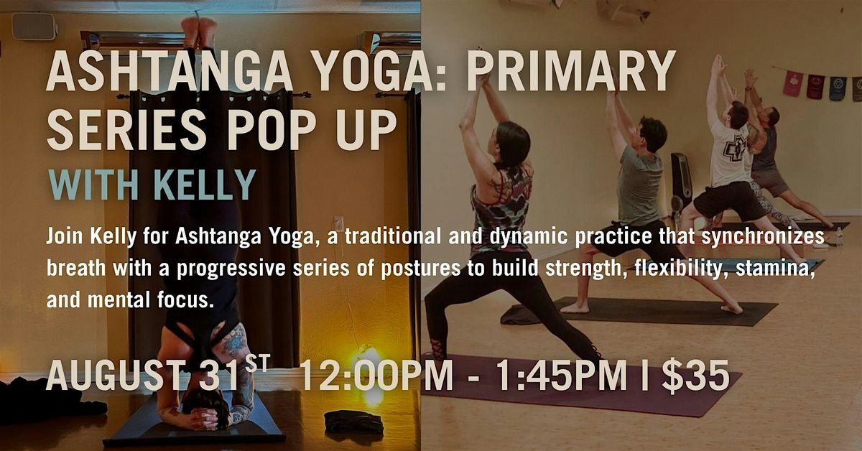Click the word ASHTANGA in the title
170,71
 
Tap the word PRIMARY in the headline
572,71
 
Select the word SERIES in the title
127,130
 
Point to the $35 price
696,376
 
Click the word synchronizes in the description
763,237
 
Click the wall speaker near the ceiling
34,26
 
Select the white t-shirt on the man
730,153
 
